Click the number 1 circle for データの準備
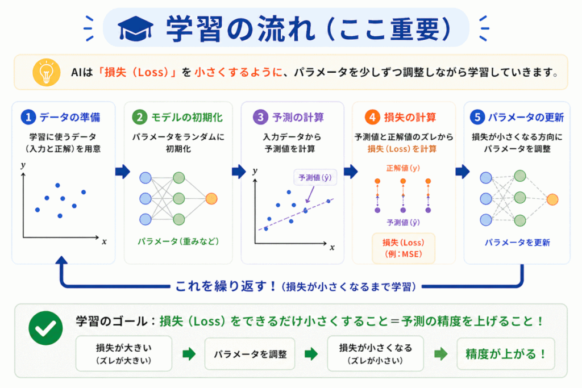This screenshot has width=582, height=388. click(28, 118)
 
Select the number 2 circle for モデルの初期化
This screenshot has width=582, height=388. click(139, 118)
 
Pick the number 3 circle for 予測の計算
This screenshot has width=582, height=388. click(260, 118)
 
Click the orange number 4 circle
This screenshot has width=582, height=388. click(371, 118)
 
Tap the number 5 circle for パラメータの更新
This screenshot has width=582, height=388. click(477, 118)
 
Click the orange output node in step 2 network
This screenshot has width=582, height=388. click(211, 198)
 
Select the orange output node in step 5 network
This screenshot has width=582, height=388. click(551, 199)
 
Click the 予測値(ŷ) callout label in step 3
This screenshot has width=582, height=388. click(315, 177)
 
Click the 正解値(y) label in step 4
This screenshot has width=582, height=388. click(403, 169)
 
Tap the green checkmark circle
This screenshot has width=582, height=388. click(45, 328)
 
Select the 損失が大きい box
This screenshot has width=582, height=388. click(123, 353)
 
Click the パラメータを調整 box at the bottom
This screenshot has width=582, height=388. click(250, 354)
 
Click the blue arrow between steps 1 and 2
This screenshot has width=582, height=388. click(123, 172)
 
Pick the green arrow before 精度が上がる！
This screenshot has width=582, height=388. click(441, 354)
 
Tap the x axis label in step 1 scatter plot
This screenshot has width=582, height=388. click(104, 241)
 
